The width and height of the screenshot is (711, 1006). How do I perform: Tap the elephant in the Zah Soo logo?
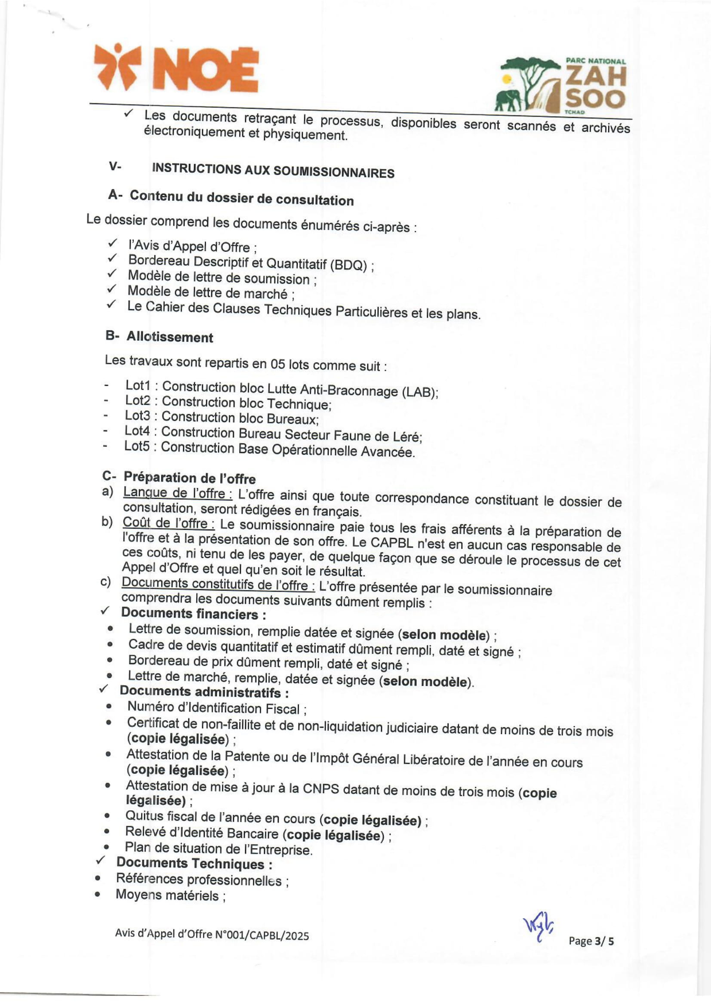pos(508,100)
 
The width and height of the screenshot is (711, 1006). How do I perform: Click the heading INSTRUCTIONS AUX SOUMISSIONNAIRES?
pos(273,171)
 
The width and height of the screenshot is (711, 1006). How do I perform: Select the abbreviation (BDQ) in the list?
pos(348,265)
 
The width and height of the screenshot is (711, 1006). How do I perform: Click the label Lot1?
pos(138,385)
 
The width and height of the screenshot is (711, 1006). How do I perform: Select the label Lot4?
pos(137,431)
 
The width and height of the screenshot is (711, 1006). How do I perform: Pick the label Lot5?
pos(137,446)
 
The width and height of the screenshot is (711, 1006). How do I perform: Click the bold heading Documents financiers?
pos(193,614)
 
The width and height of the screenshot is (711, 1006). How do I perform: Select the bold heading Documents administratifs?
pos(204,692)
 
